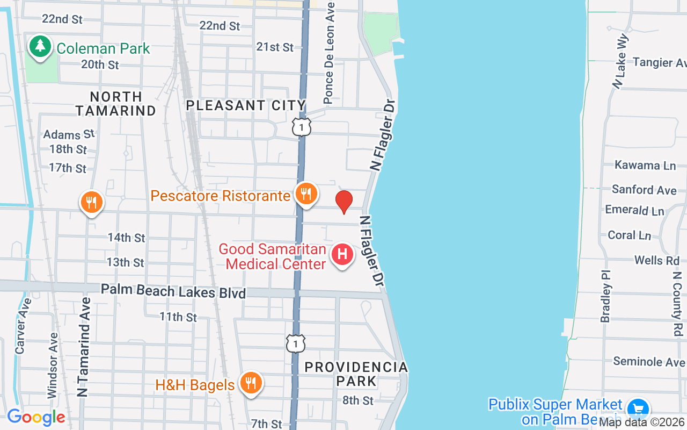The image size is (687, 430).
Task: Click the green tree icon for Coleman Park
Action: (40, 46)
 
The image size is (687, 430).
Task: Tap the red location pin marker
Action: (343, 202)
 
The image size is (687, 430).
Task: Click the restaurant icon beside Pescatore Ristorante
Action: (306, 193)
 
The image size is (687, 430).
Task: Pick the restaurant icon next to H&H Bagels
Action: (250, 383)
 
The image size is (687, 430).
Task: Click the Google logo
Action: (36, 417)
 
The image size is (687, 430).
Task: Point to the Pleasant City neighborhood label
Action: (246, 105)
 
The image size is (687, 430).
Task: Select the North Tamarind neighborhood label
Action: (116, 103)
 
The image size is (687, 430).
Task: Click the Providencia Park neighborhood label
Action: (356, 374)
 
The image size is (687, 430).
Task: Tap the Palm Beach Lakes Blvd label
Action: (173, 291)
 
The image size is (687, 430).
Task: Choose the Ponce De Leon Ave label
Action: (329, 52)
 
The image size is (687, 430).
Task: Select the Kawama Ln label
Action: (645, 165)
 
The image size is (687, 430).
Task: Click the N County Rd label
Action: (677, 304)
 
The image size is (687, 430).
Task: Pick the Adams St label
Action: (69, 134)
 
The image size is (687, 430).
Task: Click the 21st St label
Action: (275, 47)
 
